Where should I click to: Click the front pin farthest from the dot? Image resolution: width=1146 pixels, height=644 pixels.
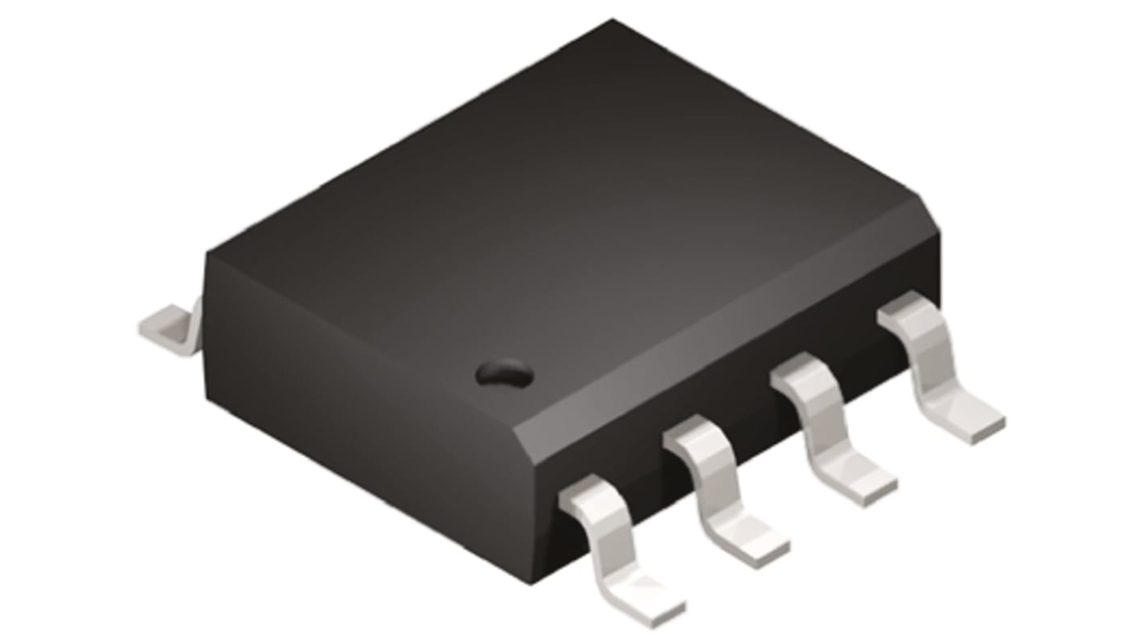[x=936, y=367]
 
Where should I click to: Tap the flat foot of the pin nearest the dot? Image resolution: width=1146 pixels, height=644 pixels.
[x=646, y=601]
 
